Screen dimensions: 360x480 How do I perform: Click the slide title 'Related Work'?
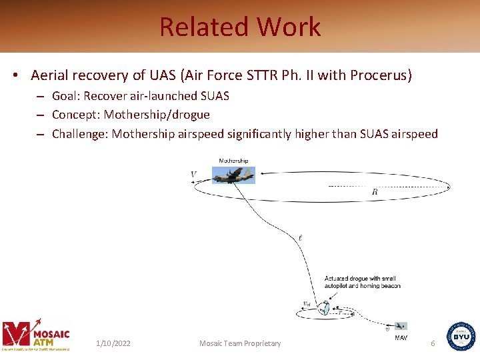tap(240, 27)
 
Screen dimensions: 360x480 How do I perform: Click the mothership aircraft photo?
tap(233, 175)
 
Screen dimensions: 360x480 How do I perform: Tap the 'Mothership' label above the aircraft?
tap(233, 161)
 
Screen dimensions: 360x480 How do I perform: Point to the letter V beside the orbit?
tap(193, 175)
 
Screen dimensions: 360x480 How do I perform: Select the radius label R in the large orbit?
tap(375, 192)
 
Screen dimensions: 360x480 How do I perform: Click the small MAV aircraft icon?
tap(400, 326)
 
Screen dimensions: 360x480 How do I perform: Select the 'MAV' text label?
tap(401, 338)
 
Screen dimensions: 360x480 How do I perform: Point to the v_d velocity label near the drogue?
tap(306, 305)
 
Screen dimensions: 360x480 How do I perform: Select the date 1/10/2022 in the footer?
tap(113, 343)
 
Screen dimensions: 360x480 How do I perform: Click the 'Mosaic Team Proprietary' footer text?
tap(240, 343)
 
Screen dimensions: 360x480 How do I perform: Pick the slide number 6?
tap(433, 343)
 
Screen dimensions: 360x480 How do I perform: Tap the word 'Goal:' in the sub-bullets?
tap(66, 96)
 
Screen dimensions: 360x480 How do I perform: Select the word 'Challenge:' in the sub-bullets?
tap(80, 134)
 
